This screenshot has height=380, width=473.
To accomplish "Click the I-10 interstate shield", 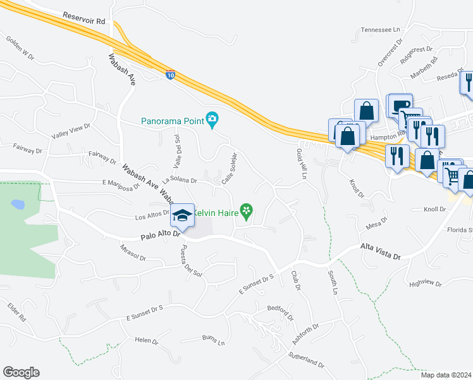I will (x=171, y=75).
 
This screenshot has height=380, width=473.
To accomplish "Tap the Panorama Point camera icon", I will (x=213, y=119).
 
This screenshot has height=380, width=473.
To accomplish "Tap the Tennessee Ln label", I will (x=381, y=30).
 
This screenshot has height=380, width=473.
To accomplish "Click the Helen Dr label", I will (x=146, y=341).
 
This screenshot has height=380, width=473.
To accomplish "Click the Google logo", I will (x=21, y=372).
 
